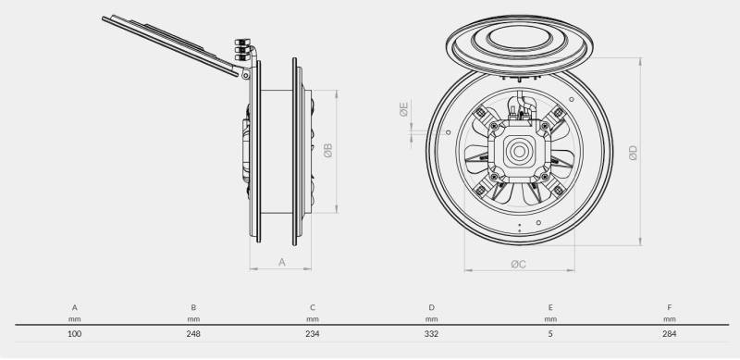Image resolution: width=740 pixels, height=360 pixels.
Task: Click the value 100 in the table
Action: pyautogui.click(x=75, y=334)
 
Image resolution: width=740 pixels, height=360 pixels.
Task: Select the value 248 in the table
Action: pyautogui.click(x=193, y=334)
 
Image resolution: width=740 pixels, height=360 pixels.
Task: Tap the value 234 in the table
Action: pyautogui.click(x=313, y=334)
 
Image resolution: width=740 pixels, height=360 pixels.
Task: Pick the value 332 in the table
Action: pyautogui.click(x=431, y=334)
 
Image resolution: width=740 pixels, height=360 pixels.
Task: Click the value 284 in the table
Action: pyautogui.click(x=669, y=334)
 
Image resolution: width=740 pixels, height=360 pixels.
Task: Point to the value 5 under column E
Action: pyautogui.click(x=550, y=334)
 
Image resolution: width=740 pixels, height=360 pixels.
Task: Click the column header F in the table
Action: pyautogui.click(x=669, y=307)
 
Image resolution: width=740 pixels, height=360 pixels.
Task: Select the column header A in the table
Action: pyautogui.click(x=75, y=307)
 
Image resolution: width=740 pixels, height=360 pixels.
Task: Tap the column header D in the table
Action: pyautogui.click(x=431, y=307)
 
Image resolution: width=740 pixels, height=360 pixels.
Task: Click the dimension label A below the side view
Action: pyautogui.click(x=282, y=262)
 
